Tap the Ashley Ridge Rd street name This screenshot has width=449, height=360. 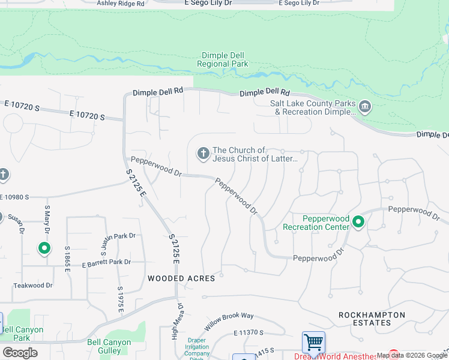tap(121, 3)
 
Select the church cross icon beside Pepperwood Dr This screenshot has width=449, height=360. tap(203, 154)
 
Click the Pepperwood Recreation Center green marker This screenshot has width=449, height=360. tap(358, 223)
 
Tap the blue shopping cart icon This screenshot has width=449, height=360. tap(313, 343)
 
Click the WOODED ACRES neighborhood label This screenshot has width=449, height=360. tap(181, 278)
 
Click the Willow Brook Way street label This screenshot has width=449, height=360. tap(229, 322)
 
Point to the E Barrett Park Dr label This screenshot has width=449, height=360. tap(106, 262)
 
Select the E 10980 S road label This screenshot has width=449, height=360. tap(14, 197)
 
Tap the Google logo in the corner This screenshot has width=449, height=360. tap(20, 353)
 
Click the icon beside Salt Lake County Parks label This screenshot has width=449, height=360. tap(364, 107)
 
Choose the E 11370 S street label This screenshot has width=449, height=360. tap(249, 332)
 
